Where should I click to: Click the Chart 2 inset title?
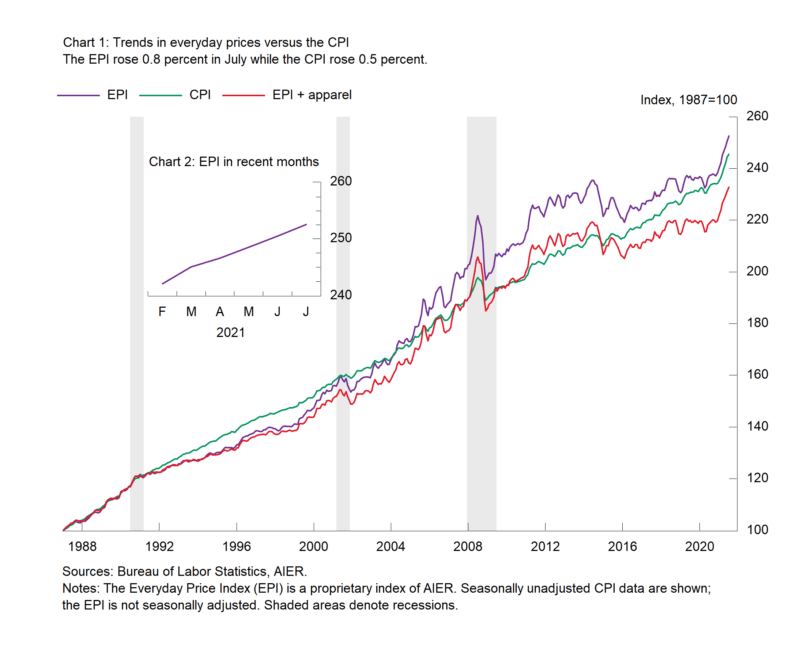coord(233,161)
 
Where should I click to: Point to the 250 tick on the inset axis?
coord(340,238)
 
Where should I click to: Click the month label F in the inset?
coord(162,312)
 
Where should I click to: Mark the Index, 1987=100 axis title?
coord(688,100)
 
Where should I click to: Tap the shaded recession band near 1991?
coord(136,320)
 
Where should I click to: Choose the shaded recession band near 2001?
coord(342,320)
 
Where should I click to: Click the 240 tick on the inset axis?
coord(340,295)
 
